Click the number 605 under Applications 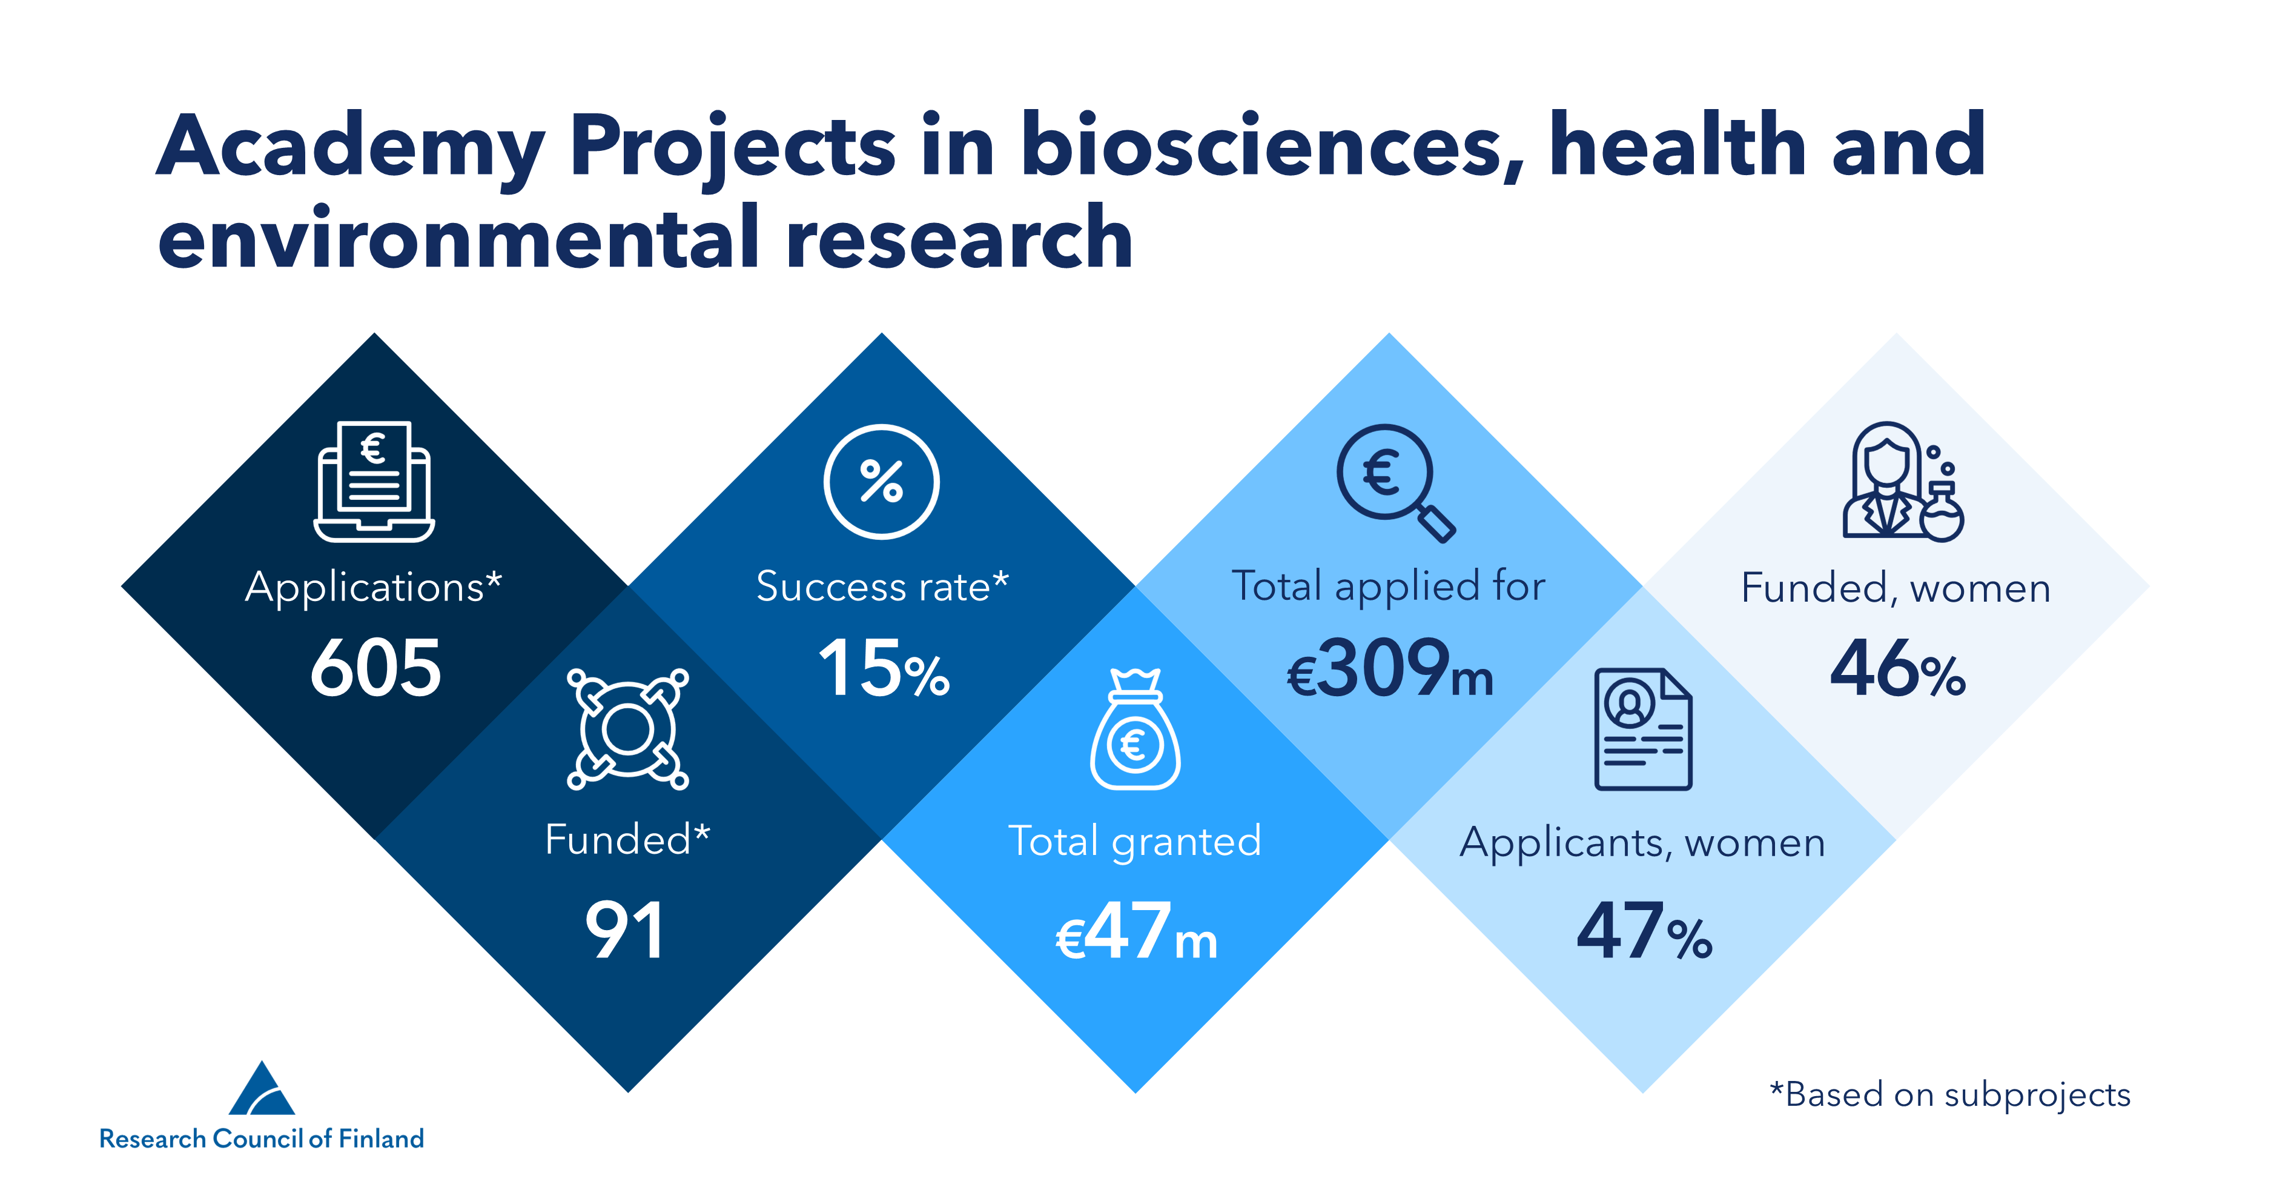pos(375,668)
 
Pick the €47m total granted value pos(1136,932)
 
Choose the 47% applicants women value pos(1644,932)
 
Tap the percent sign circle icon pos(882,482)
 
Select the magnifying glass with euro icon pos(1393,480)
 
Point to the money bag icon pos(1135,730)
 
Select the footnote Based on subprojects pos(1950,1094)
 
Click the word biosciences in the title pos(1261,145)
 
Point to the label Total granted pos(1135,840)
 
